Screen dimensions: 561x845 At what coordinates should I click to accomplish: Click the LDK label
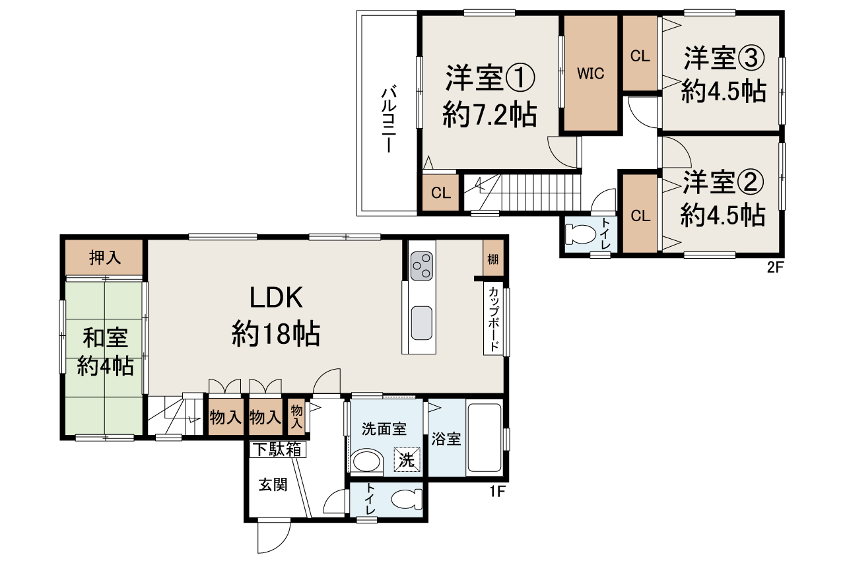tap(276, 298)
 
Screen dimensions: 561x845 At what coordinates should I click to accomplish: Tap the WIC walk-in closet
tap(591, 73)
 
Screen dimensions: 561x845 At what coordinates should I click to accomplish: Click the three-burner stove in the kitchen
tap(421, 266)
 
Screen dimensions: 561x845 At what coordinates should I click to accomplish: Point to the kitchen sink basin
tap(421, 323)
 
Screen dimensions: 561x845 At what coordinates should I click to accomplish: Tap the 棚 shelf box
tap(492, 259)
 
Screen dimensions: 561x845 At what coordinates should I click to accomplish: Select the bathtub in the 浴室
tap(485, 438)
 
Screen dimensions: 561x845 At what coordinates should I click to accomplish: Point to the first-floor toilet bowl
tap(405, 500)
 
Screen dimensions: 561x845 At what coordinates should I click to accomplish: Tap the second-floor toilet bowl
tap(582, 234)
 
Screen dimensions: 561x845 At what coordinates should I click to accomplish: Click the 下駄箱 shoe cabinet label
tap(277, 450)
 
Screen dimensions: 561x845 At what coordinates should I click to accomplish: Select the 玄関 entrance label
tap(273, 485)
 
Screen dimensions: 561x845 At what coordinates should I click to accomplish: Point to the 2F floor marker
tap(774, 267)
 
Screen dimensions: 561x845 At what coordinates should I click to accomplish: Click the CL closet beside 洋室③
tap(640, 56)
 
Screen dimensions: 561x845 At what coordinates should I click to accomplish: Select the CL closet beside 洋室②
tap(640, 215)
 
